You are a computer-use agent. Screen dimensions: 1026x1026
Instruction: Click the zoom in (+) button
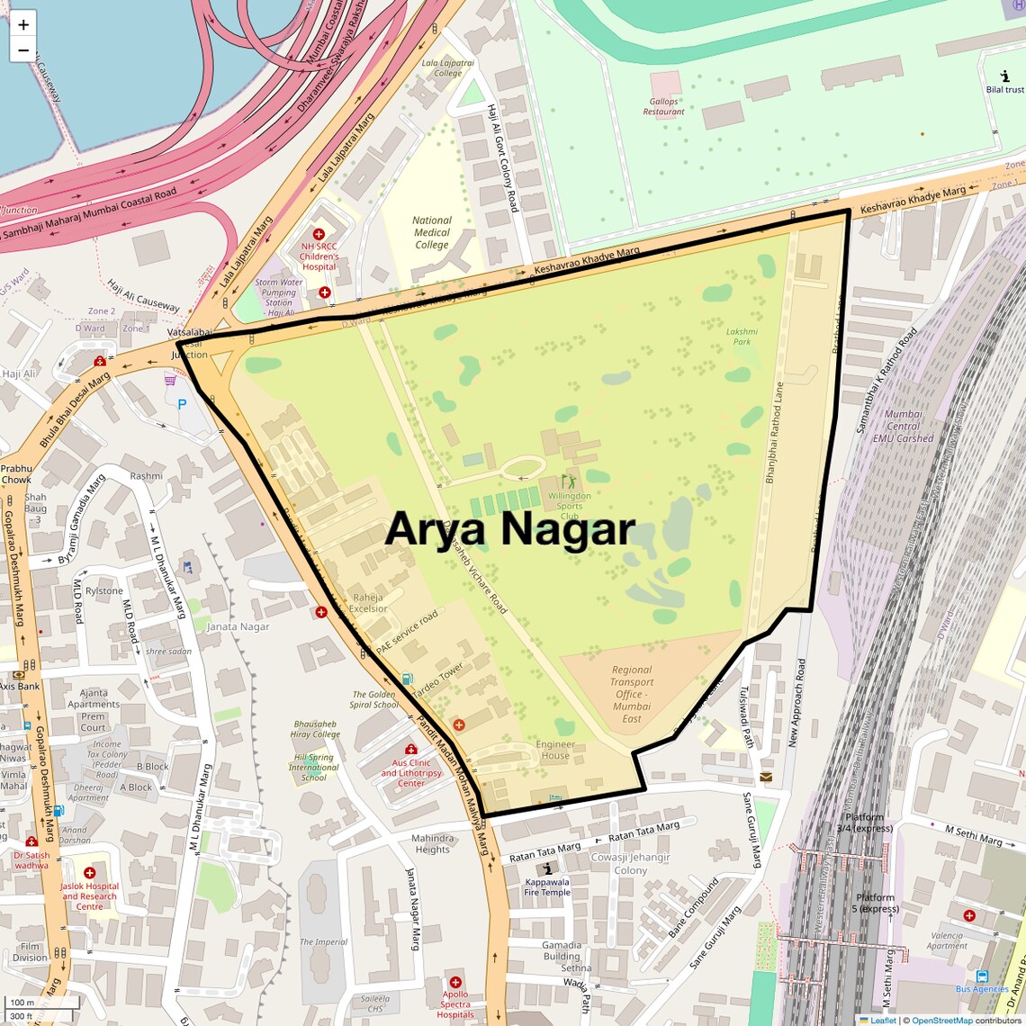coord(23,24)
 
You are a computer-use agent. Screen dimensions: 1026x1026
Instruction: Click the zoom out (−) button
coord(23,50)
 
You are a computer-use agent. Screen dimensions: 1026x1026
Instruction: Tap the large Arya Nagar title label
coord(510,529)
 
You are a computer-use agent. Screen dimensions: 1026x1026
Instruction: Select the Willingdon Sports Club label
coord(570,506)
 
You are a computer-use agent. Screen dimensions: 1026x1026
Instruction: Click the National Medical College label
coord(432,232)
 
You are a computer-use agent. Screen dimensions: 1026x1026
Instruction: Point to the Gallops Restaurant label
coord(664,106)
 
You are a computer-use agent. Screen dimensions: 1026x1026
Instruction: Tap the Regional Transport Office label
coord(632,694)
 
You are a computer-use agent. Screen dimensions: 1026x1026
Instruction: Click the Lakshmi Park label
coord(742,336)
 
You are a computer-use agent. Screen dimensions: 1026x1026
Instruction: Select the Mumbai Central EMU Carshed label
coord(904,427)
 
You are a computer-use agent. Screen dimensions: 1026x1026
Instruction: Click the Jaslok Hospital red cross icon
coord(89,873)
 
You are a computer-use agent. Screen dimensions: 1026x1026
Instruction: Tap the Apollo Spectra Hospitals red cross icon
coord(455,982)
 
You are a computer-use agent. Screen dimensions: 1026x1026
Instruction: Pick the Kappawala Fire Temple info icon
coord(547,868)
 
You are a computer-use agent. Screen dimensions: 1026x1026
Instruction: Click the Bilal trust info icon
coord(1004,77)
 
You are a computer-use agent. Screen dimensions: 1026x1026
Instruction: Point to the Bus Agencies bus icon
coord(982,976)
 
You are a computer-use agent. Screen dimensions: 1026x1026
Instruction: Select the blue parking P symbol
coord(182,405)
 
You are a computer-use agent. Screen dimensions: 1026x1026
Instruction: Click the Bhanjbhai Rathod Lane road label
coord(774,433)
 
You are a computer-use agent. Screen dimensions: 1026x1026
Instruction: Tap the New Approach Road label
coord(796,703)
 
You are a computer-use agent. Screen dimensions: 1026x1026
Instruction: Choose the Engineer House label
coord(555,750)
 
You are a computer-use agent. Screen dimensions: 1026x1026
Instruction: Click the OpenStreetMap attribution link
coord(941,1020)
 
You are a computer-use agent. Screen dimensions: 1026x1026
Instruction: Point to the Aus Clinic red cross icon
coord(411,750)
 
